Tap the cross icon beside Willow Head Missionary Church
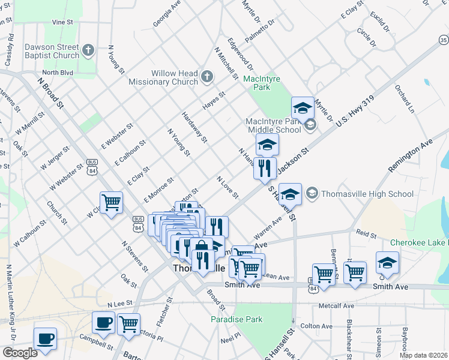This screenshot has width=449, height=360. coord(207,76)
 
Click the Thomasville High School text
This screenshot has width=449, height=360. coord(368,193)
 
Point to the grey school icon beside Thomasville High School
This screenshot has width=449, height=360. coord(312,193)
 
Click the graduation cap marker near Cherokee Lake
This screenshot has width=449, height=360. coord(387,262)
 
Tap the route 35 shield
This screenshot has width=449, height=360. coord(443,40)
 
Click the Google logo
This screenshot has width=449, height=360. coord(20,353)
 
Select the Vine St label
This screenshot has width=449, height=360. coord(62,22)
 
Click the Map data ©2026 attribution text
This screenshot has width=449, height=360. coord(423,355)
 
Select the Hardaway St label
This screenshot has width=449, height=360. coord(194,128)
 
